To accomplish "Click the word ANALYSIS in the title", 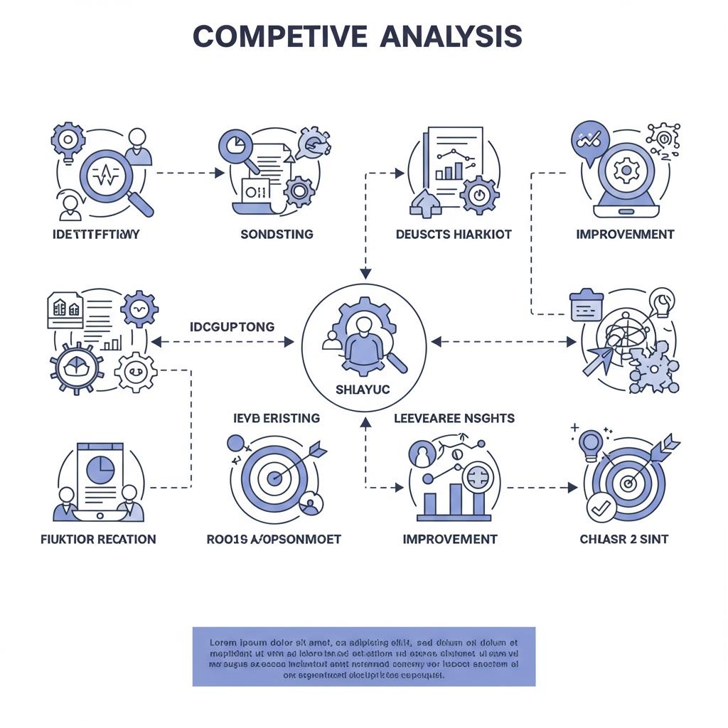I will (451, 36).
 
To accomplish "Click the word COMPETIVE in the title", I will (280, 36).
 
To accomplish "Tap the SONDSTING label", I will (277, 235).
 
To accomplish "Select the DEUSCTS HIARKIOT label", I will (454, 235).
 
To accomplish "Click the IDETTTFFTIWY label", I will (95, 235).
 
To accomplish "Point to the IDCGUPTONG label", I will (232, 327).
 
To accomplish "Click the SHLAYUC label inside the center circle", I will (363, 390).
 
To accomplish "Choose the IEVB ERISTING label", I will (277, 418).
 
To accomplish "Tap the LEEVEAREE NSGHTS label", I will (454, 418).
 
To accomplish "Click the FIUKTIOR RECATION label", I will (98, 539).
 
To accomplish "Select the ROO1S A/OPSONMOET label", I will (274, 539).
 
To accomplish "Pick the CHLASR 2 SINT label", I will (624, 539).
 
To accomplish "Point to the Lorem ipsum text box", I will (363, 656).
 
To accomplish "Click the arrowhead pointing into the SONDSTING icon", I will (218, 172).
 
